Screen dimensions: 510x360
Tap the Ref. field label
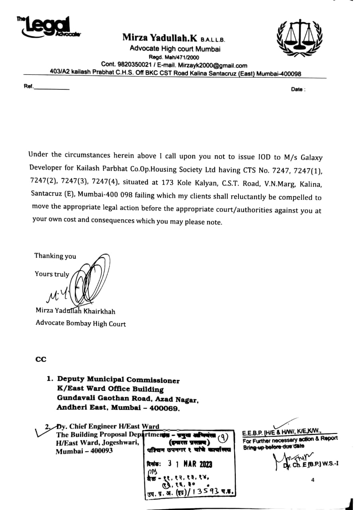click(x=29, y=86)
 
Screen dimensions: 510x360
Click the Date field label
click(x=298, y=90)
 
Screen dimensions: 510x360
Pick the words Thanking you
click(x=55, y=256)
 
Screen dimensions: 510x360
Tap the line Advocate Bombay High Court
click(x=80, y=324)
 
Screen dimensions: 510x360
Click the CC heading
click(x=41, y=359)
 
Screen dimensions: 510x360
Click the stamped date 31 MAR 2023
click(x=189, y=464)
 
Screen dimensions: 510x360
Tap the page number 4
click(x=313, y=480)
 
